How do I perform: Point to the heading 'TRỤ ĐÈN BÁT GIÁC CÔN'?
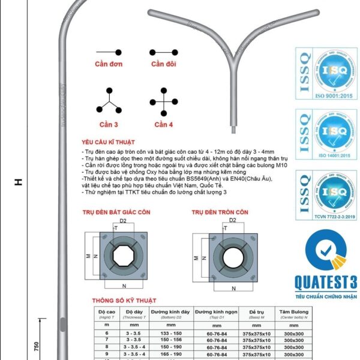(x=116, y=212)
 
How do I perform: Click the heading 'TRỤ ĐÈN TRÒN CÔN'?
(x=220, y=212)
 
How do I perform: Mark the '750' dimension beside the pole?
(x=37, y=347)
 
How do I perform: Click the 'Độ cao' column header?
(x=106, y=313)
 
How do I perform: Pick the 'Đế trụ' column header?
(x=256, y=313)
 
